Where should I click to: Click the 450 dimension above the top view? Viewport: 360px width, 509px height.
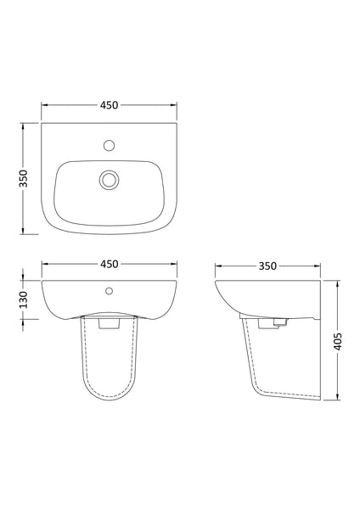pos(108,105)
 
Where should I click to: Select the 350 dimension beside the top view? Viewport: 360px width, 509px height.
pos(25,178)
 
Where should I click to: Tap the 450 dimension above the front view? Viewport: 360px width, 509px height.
pos(108,263)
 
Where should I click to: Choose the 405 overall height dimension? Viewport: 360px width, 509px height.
pos(338,342)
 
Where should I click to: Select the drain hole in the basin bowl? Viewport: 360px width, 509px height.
pos(108,179)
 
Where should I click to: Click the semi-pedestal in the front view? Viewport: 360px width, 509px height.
pos(108,365)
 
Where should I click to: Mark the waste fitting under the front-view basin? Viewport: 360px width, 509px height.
pos(108,322)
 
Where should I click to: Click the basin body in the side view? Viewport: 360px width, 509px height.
pos(255,297)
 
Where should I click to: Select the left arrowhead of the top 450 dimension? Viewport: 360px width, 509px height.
pos(43,105)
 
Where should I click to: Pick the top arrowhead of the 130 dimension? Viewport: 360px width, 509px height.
pos(25,281)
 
